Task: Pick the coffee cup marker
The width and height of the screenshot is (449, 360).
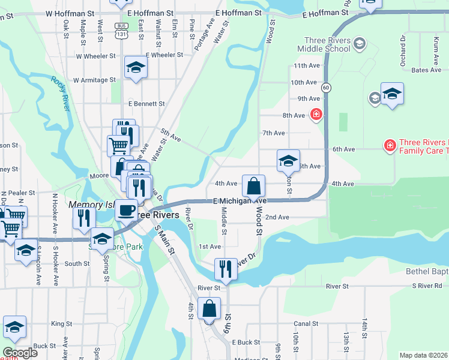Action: click(x=126, y=210)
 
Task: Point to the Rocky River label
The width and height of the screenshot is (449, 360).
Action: click(x=60, y=92)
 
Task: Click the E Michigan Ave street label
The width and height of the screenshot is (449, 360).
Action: click(x=240, y=200)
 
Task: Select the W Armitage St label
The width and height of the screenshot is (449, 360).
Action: click(x=94, y=80)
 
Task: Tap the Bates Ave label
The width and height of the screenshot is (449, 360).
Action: click(x=427, y=70)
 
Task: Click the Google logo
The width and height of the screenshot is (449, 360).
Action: click(x=20, y=353)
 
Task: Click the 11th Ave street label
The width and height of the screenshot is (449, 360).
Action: click(x=306, y=65)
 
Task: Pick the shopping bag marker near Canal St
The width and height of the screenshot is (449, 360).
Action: click(x=209, y=309)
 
